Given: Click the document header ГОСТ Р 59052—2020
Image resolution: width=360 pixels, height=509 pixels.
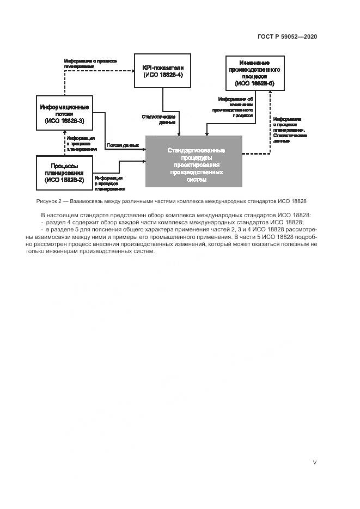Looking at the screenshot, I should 287,36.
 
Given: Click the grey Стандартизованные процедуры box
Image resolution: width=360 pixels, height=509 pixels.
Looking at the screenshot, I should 193,161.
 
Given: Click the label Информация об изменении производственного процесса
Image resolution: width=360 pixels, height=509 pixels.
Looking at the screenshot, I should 235,107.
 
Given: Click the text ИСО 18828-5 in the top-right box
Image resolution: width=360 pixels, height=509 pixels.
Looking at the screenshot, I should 255,84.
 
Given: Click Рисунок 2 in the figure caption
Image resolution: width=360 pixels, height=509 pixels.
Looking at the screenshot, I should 50,201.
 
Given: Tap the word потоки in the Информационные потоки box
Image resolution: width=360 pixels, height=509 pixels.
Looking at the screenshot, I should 64,114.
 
